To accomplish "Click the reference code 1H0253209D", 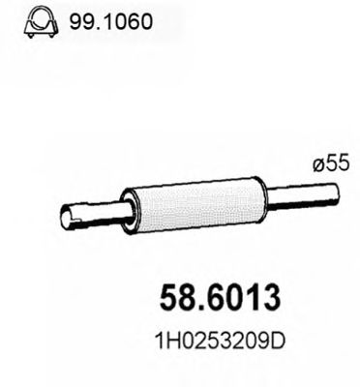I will click(x=215, y=344).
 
